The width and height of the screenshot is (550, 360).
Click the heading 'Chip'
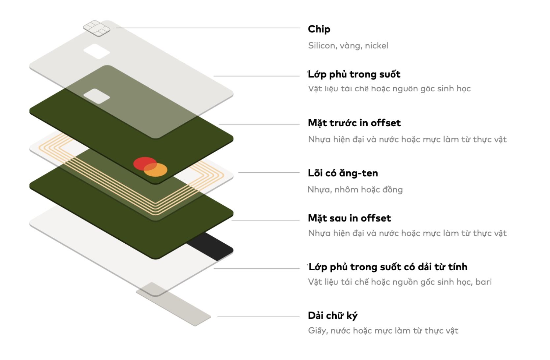pyautogui.click(x=319, y=29)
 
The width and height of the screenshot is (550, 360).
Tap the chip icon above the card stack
pyautogui.click(x=97, y=28)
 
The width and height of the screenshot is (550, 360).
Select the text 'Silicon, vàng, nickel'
pyautogui.click(x=348, y=45)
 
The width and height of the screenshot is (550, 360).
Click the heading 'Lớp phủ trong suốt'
pyautogui.click(x=354, y=74)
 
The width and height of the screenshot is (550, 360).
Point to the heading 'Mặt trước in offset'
pyautogui.click(x=354, y=123)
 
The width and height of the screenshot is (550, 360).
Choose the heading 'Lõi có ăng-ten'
pyautogui.click(x=343, y=173)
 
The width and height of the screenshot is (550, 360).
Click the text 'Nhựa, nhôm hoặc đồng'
pyautogui.click(x=355, y=190)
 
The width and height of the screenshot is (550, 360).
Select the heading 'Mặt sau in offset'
pyautogui.click(x=349, y=218)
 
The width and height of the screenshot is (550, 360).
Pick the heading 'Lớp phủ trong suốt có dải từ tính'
pyautogui.click(x=388, y=267)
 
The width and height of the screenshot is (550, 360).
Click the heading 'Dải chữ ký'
pyautogui.click(x=332, y=315)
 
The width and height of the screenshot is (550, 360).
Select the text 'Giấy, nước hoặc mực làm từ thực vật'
pyautogui.click(x=383, y=331)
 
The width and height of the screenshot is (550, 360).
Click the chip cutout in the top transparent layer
pyautogui.click(x=97, y=51)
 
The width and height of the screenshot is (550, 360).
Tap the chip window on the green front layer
pyautogui.click(x=97, y=96)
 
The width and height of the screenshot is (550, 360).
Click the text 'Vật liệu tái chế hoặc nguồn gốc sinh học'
pyautogui.click(x=389, y=89)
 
